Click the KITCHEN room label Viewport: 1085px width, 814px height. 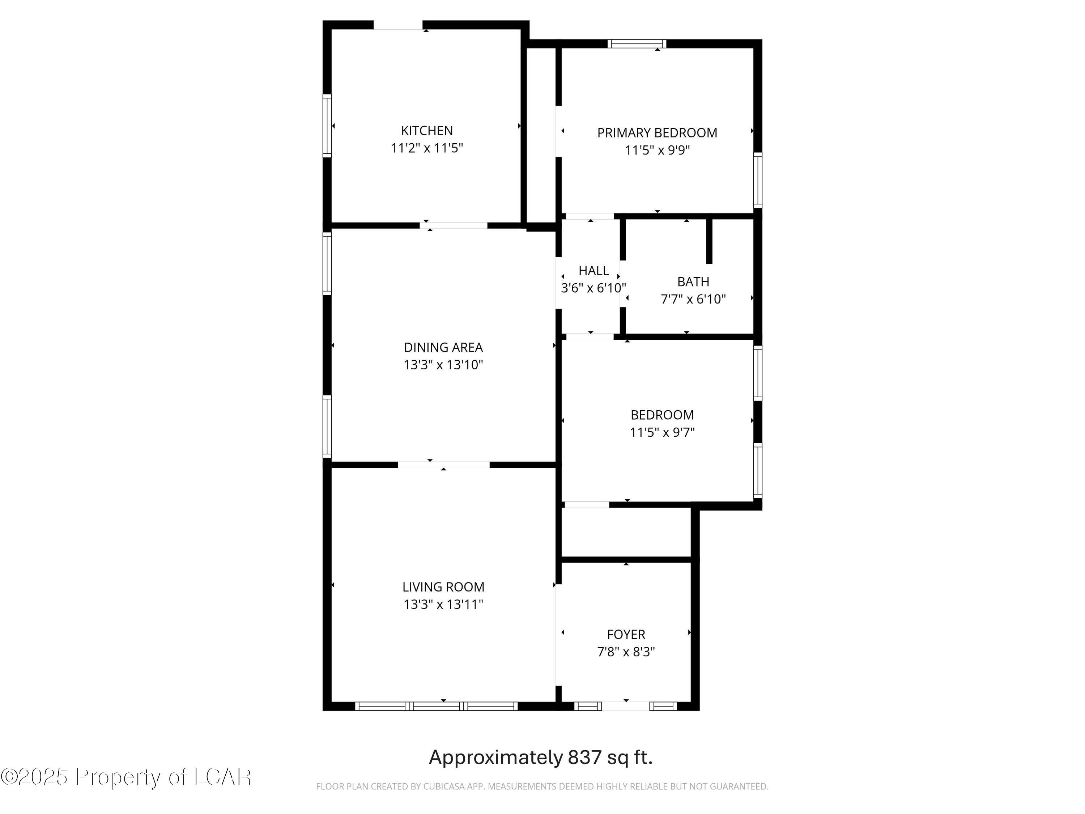click(x=427, y=131)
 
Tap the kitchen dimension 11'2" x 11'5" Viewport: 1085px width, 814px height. click(x=427, y=148)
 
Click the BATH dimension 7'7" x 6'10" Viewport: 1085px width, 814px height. click(x=693, y=299)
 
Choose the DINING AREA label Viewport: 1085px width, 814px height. click(x=443, y=347)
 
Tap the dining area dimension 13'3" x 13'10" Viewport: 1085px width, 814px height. click(x=443, y=365)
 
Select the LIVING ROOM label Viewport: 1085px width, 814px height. click(x=443, y=587)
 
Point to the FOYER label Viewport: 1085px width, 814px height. click(x=626, y=635)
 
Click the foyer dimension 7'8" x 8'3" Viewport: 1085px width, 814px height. click(x=626, y=652)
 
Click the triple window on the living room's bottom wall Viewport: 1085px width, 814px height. click(x=436, y=706)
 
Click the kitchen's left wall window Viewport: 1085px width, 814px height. click(x=327, y=126)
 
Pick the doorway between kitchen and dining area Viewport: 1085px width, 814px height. click(x=453, y=225)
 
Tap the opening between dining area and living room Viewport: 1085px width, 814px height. click(x=443, y=465)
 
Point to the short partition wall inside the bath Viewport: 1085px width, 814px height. click(x=709, y=241)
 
